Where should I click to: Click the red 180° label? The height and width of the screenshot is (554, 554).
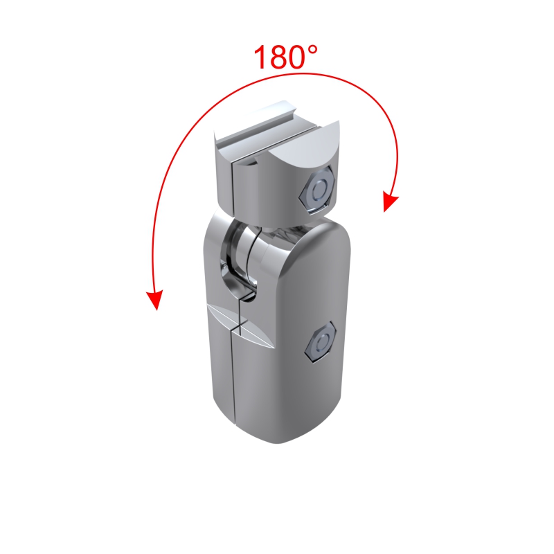pyautogui.click(x=285, y=57)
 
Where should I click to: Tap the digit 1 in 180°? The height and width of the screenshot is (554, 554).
pyautogui.click(x=262, y=57)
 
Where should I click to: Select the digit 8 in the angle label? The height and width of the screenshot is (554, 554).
pyautogui.click(x=280, y=57)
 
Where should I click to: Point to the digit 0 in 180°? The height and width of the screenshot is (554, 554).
pyautogui.click(x=298, y=57)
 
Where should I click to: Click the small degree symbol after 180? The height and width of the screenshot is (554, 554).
pyautogui.click(x=312, y=50)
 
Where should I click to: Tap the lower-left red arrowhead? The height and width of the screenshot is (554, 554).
pyautogui.click(x=155, y=299)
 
